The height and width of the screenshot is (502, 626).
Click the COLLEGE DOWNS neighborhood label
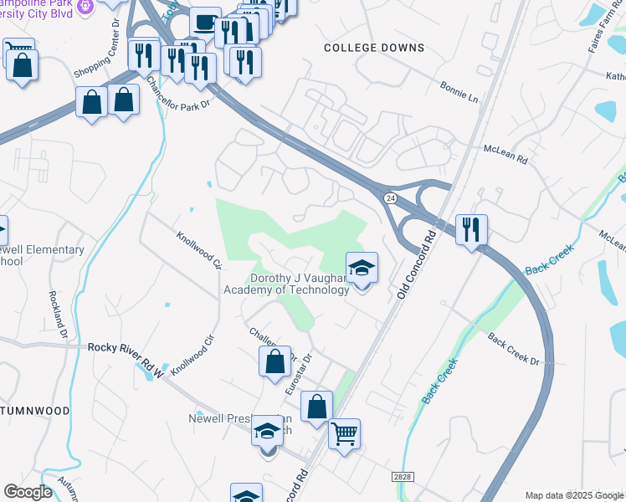(374, 48)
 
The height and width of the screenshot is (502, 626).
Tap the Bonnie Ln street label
(460, 92)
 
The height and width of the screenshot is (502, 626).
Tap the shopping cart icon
(344, 434)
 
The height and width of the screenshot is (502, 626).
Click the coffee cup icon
(205, 23)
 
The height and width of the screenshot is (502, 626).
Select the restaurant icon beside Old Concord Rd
(471, 228)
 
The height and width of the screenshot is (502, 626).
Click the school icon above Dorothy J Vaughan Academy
(362, 268)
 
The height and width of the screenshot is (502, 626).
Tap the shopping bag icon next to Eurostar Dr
(275, 362)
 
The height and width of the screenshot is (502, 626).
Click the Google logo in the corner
(28, 492)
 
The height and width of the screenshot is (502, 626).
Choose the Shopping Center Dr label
(97, 58)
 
